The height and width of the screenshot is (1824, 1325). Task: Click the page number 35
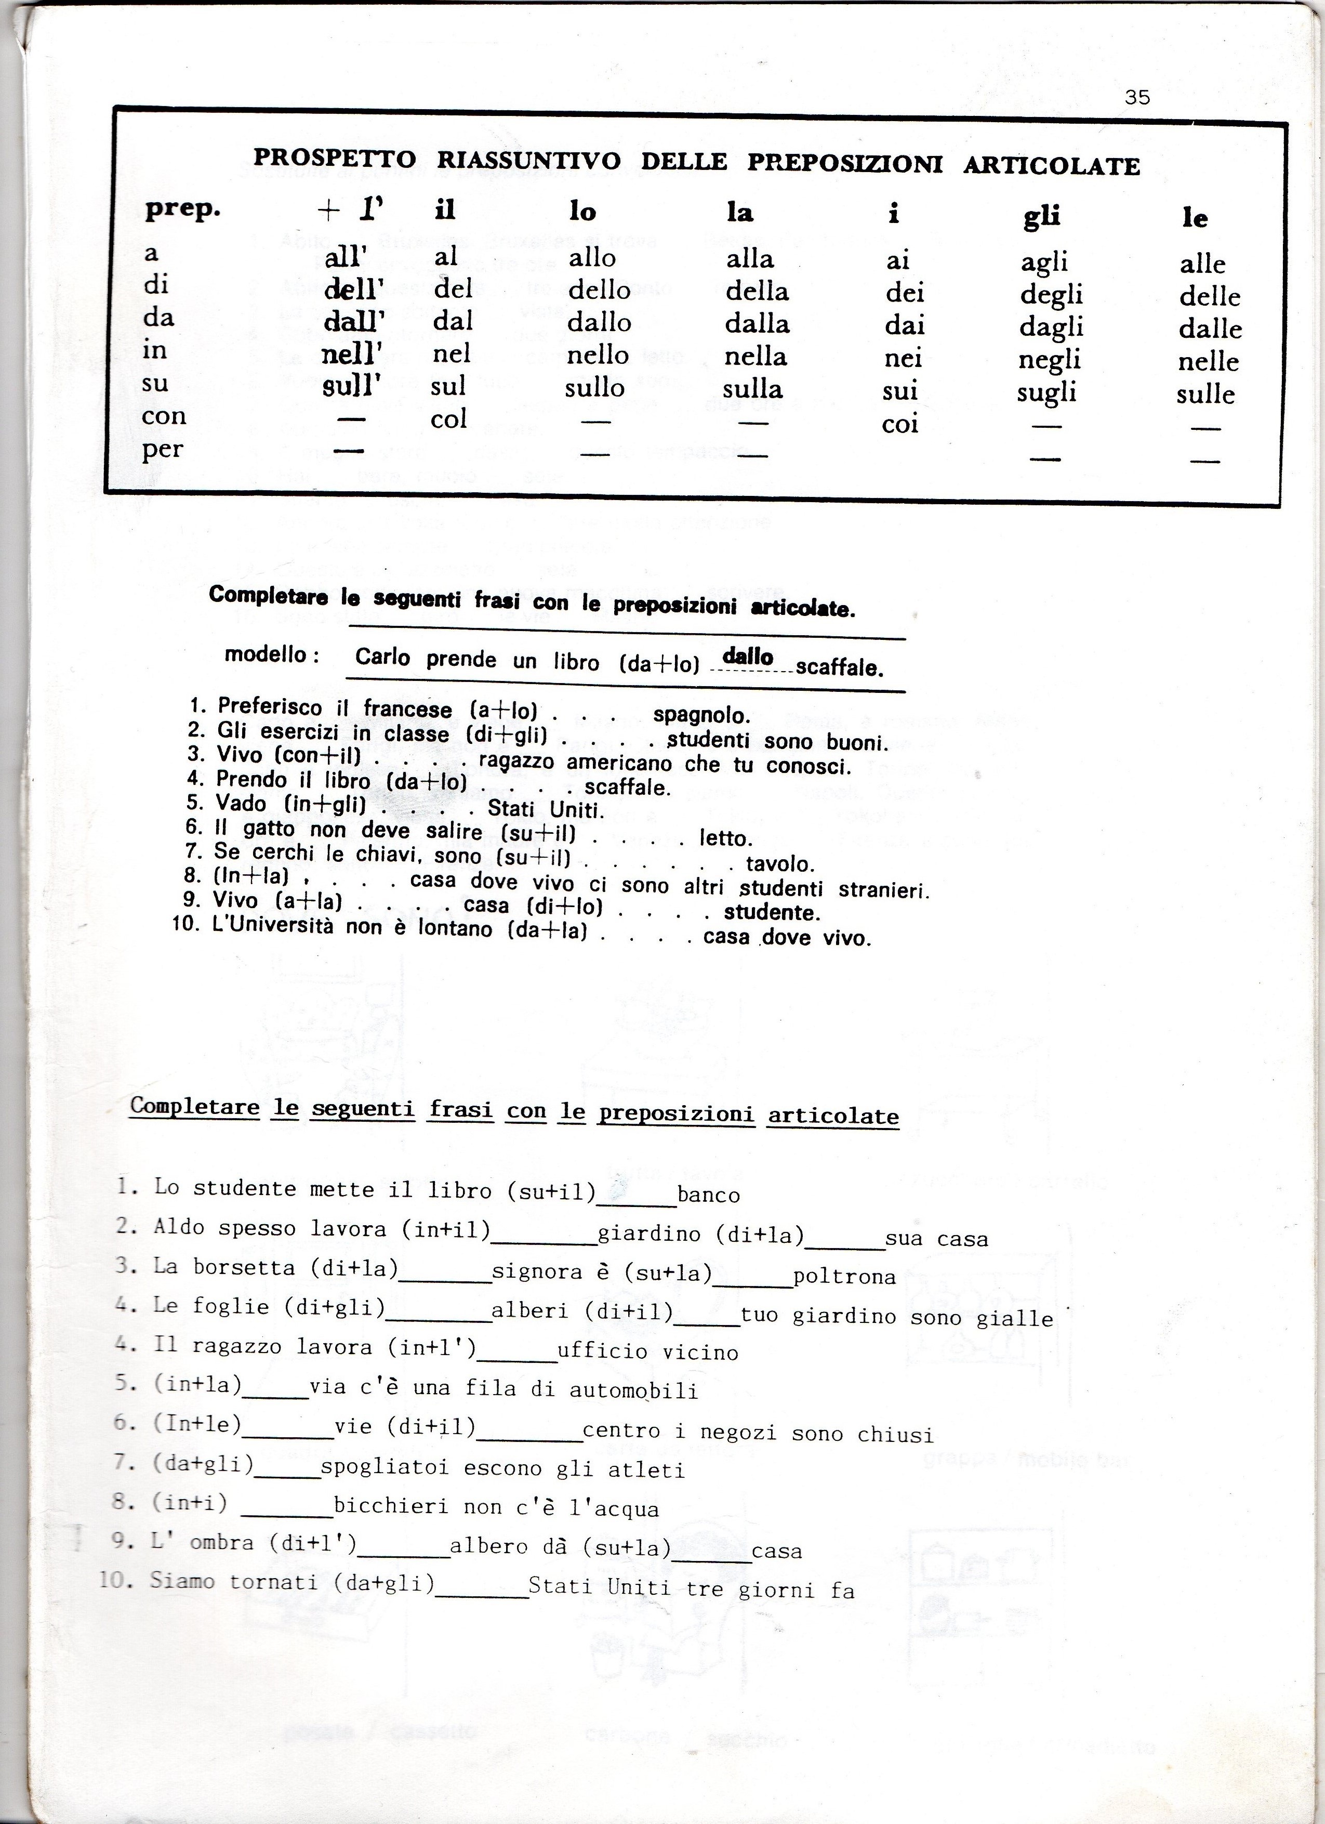(x=1137, y=97)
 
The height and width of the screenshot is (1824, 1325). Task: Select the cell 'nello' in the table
(x=598, y=355)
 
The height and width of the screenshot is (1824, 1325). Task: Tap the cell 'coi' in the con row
(x=899, y=424)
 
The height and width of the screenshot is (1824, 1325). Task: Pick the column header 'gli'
(x=1041, y=216)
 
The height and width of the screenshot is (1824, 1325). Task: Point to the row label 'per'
(x=163, y=449)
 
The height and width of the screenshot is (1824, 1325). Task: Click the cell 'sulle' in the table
(x=1205, y=394)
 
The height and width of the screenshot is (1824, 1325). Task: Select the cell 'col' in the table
(x=448, y=419)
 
